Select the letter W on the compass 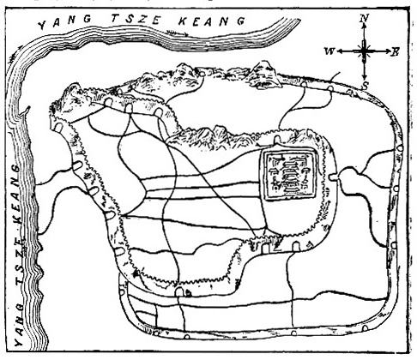(329, 51)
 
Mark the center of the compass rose (364, 51)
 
